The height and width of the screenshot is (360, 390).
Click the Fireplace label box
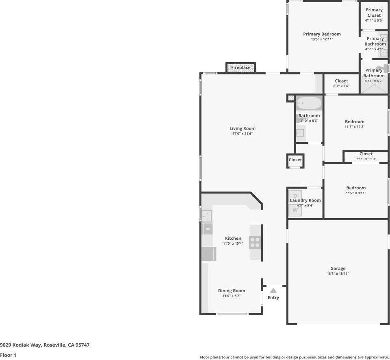241,67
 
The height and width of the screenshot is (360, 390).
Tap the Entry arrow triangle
273,290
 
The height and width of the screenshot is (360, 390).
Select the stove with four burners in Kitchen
255,243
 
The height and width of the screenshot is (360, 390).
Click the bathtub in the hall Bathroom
308,103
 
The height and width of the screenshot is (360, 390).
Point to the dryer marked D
295,195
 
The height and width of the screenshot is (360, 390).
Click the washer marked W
295,210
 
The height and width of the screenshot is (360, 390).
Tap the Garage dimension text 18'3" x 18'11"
338,274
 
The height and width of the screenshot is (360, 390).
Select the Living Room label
242,128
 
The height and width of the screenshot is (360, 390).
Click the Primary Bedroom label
322,34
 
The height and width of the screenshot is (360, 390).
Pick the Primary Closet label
374,13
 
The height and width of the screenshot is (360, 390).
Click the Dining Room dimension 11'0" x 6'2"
231,296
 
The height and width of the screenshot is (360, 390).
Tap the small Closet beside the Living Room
295,160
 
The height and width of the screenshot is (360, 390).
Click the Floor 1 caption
8,355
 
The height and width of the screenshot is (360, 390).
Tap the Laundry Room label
305,200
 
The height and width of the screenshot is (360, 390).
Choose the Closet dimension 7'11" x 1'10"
366,159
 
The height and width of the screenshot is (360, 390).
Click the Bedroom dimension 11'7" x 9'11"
355,193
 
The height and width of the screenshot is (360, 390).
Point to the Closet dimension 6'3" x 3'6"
341,86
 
